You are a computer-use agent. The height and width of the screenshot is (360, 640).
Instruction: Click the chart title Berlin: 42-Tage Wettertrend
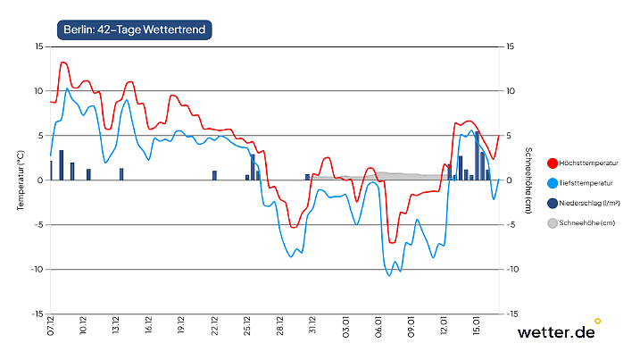click(135, 29)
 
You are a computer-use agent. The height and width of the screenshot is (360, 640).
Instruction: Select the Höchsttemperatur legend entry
click(590, 163)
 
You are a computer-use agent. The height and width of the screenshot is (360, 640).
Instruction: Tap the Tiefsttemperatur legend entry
click(586, 183)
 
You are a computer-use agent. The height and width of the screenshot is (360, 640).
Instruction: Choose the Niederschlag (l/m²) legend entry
click(592, 204)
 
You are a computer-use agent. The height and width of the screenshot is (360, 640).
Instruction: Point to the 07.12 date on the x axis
click(51, 323)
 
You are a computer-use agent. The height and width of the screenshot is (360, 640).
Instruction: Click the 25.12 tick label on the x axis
click(247, 323)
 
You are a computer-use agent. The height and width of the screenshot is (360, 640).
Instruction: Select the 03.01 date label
click(345, 323)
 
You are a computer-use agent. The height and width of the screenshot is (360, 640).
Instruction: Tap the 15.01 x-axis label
click(478, 323)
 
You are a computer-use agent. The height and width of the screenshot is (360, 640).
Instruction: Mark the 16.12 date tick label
click(149, 323)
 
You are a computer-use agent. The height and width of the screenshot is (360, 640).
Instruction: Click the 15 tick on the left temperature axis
click(38, 46)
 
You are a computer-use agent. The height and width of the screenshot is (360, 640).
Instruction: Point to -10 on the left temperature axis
click(37, 269)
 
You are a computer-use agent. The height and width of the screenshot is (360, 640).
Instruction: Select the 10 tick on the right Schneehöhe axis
click(511, 91)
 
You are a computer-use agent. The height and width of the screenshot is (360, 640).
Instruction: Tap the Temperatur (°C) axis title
click(20, 180)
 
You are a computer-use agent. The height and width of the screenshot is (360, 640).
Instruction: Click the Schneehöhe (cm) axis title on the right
click(529, 180)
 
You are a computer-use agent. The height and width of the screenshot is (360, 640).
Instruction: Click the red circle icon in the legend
click(552, 163)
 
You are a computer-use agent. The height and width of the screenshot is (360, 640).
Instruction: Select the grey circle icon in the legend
click(552, 223)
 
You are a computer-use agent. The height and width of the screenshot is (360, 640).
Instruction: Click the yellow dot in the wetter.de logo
click(598, 320)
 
